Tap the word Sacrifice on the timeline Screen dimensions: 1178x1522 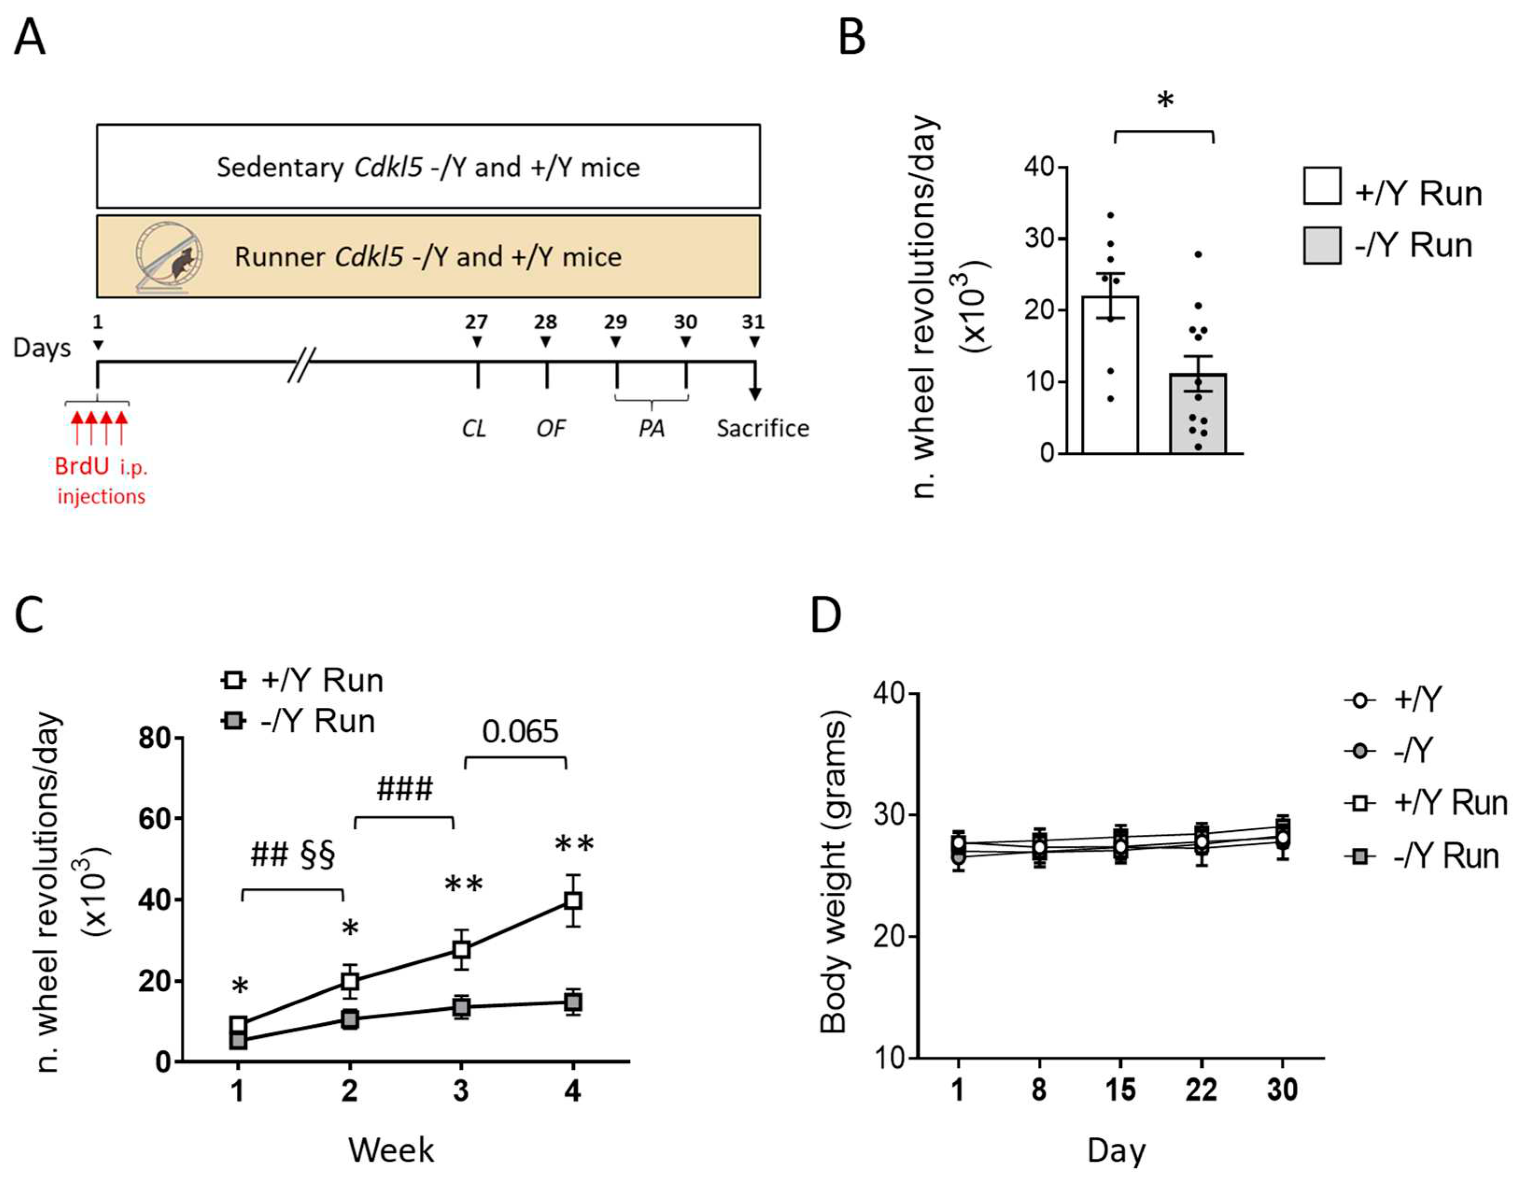click(762, 428)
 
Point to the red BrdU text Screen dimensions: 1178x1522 click(82, 466)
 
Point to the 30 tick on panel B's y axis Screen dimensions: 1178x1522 click(1038, 239)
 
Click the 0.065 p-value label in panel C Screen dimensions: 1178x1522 click(520, 731)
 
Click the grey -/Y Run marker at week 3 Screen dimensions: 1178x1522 click(461, 1007)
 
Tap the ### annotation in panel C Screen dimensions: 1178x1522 click(404, 788)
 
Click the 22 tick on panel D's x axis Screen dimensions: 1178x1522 click(1201, 1089)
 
